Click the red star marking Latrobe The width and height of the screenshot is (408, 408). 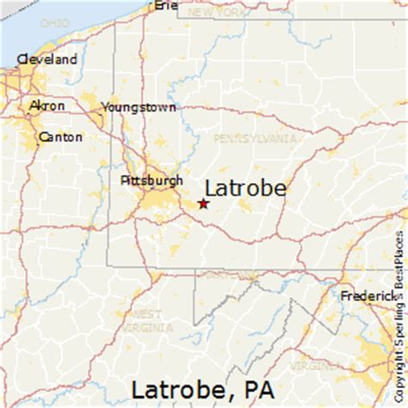pyautogui.click(x=203, y=204)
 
